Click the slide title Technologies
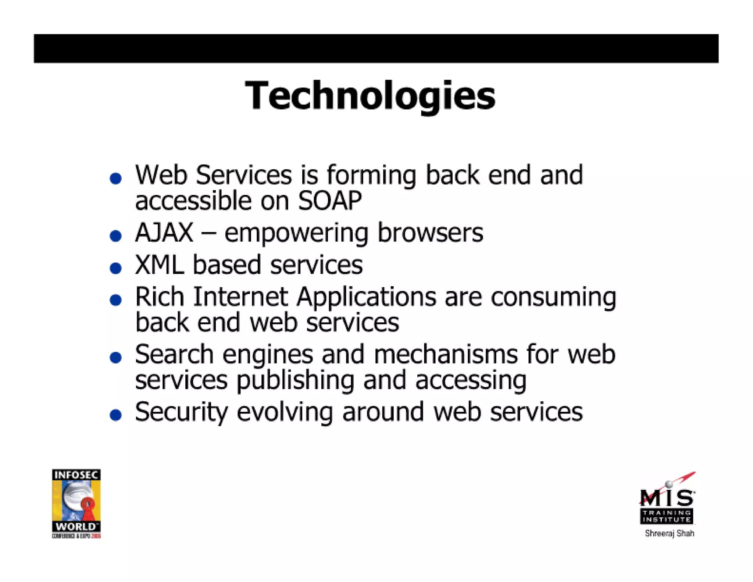[x=370, y=96]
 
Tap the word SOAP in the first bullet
[x=330, y=201]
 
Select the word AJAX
[x=164, y=233]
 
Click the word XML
[x=159, y=265]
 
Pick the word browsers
[x=430, y=233]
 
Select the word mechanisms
[x=445, y=355]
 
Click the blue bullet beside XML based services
[x=116, y=268]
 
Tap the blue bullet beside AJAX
[x=116, y=236]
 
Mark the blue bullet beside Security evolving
[x=116, y=415]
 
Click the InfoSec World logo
[x=76, y=503]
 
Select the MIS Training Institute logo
[x=667, y=500]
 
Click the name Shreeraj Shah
[x=669, y=533]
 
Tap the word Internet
[x=240, y=297]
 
